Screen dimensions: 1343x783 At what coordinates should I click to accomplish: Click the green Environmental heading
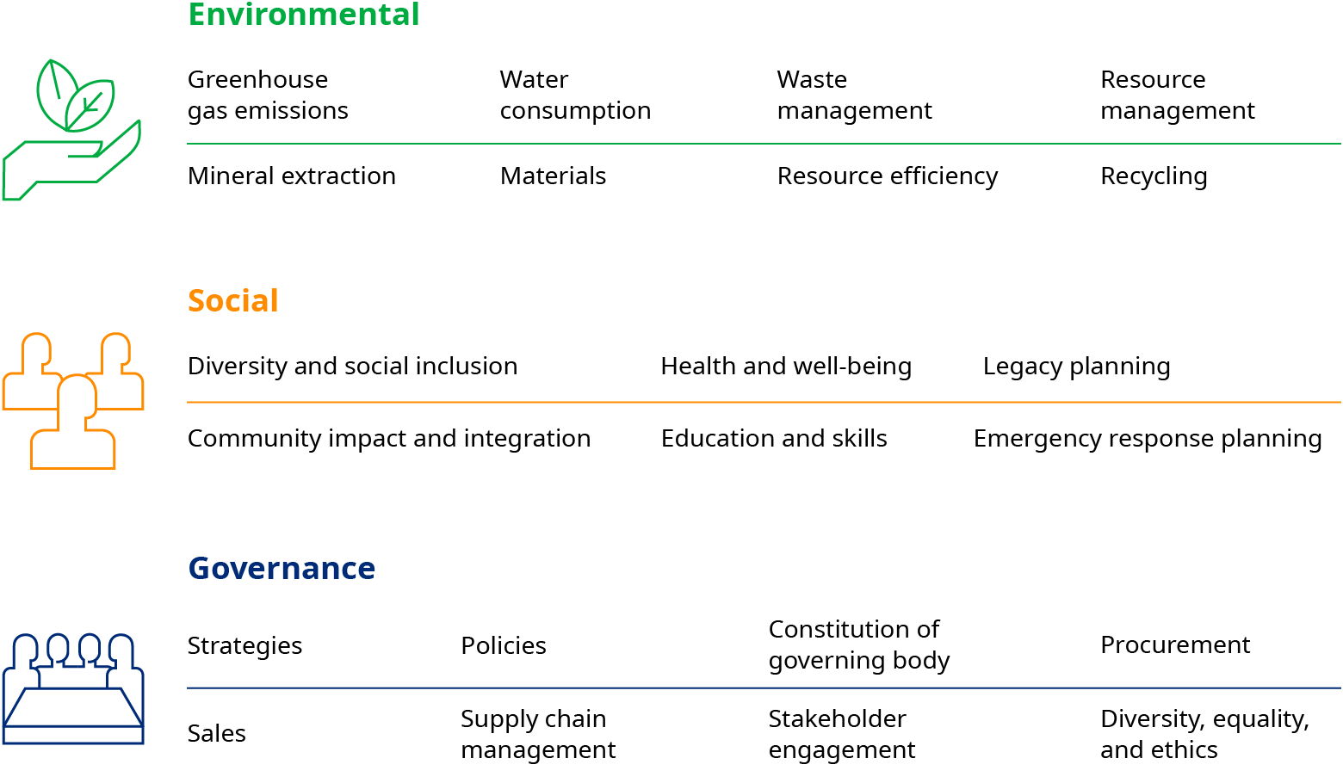point(303,14)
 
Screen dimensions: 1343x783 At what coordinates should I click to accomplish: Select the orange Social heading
point(232,300)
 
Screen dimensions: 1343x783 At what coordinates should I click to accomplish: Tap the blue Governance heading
point(282,568)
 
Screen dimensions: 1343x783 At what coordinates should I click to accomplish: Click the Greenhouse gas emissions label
point(268,96)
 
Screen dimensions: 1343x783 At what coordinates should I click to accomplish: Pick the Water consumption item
point(576,96)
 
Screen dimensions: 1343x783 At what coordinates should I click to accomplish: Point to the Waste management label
point(854,96)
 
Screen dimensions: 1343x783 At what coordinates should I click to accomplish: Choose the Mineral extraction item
point(291,176)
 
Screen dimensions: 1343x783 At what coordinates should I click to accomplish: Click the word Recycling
point(1154,176)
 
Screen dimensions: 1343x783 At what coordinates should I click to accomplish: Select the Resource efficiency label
point(888,176)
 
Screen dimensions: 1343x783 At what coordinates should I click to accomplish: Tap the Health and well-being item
point(786,367)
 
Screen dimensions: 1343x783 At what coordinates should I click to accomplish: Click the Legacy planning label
point(1077,367)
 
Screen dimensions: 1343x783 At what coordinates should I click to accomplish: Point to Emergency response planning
point(1148,439)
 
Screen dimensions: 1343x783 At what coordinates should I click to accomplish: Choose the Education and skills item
point(774,439)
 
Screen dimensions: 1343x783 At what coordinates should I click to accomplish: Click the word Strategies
point(244,646)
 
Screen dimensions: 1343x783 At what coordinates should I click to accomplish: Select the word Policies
point(504,646)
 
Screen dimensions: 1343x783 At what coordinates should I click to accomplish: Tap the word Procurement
point(1175,645)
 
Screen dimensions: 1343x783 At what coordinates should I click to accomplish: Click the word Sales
point(216,733)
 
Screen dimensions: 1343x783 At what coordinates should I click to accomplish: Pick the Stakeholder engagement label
point(842,735)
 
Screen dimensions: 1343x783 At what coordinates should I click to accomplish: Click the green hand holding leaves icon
point(72,129)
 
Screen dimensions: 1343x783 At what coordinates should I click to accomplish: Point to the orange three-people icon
point(73,401)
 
